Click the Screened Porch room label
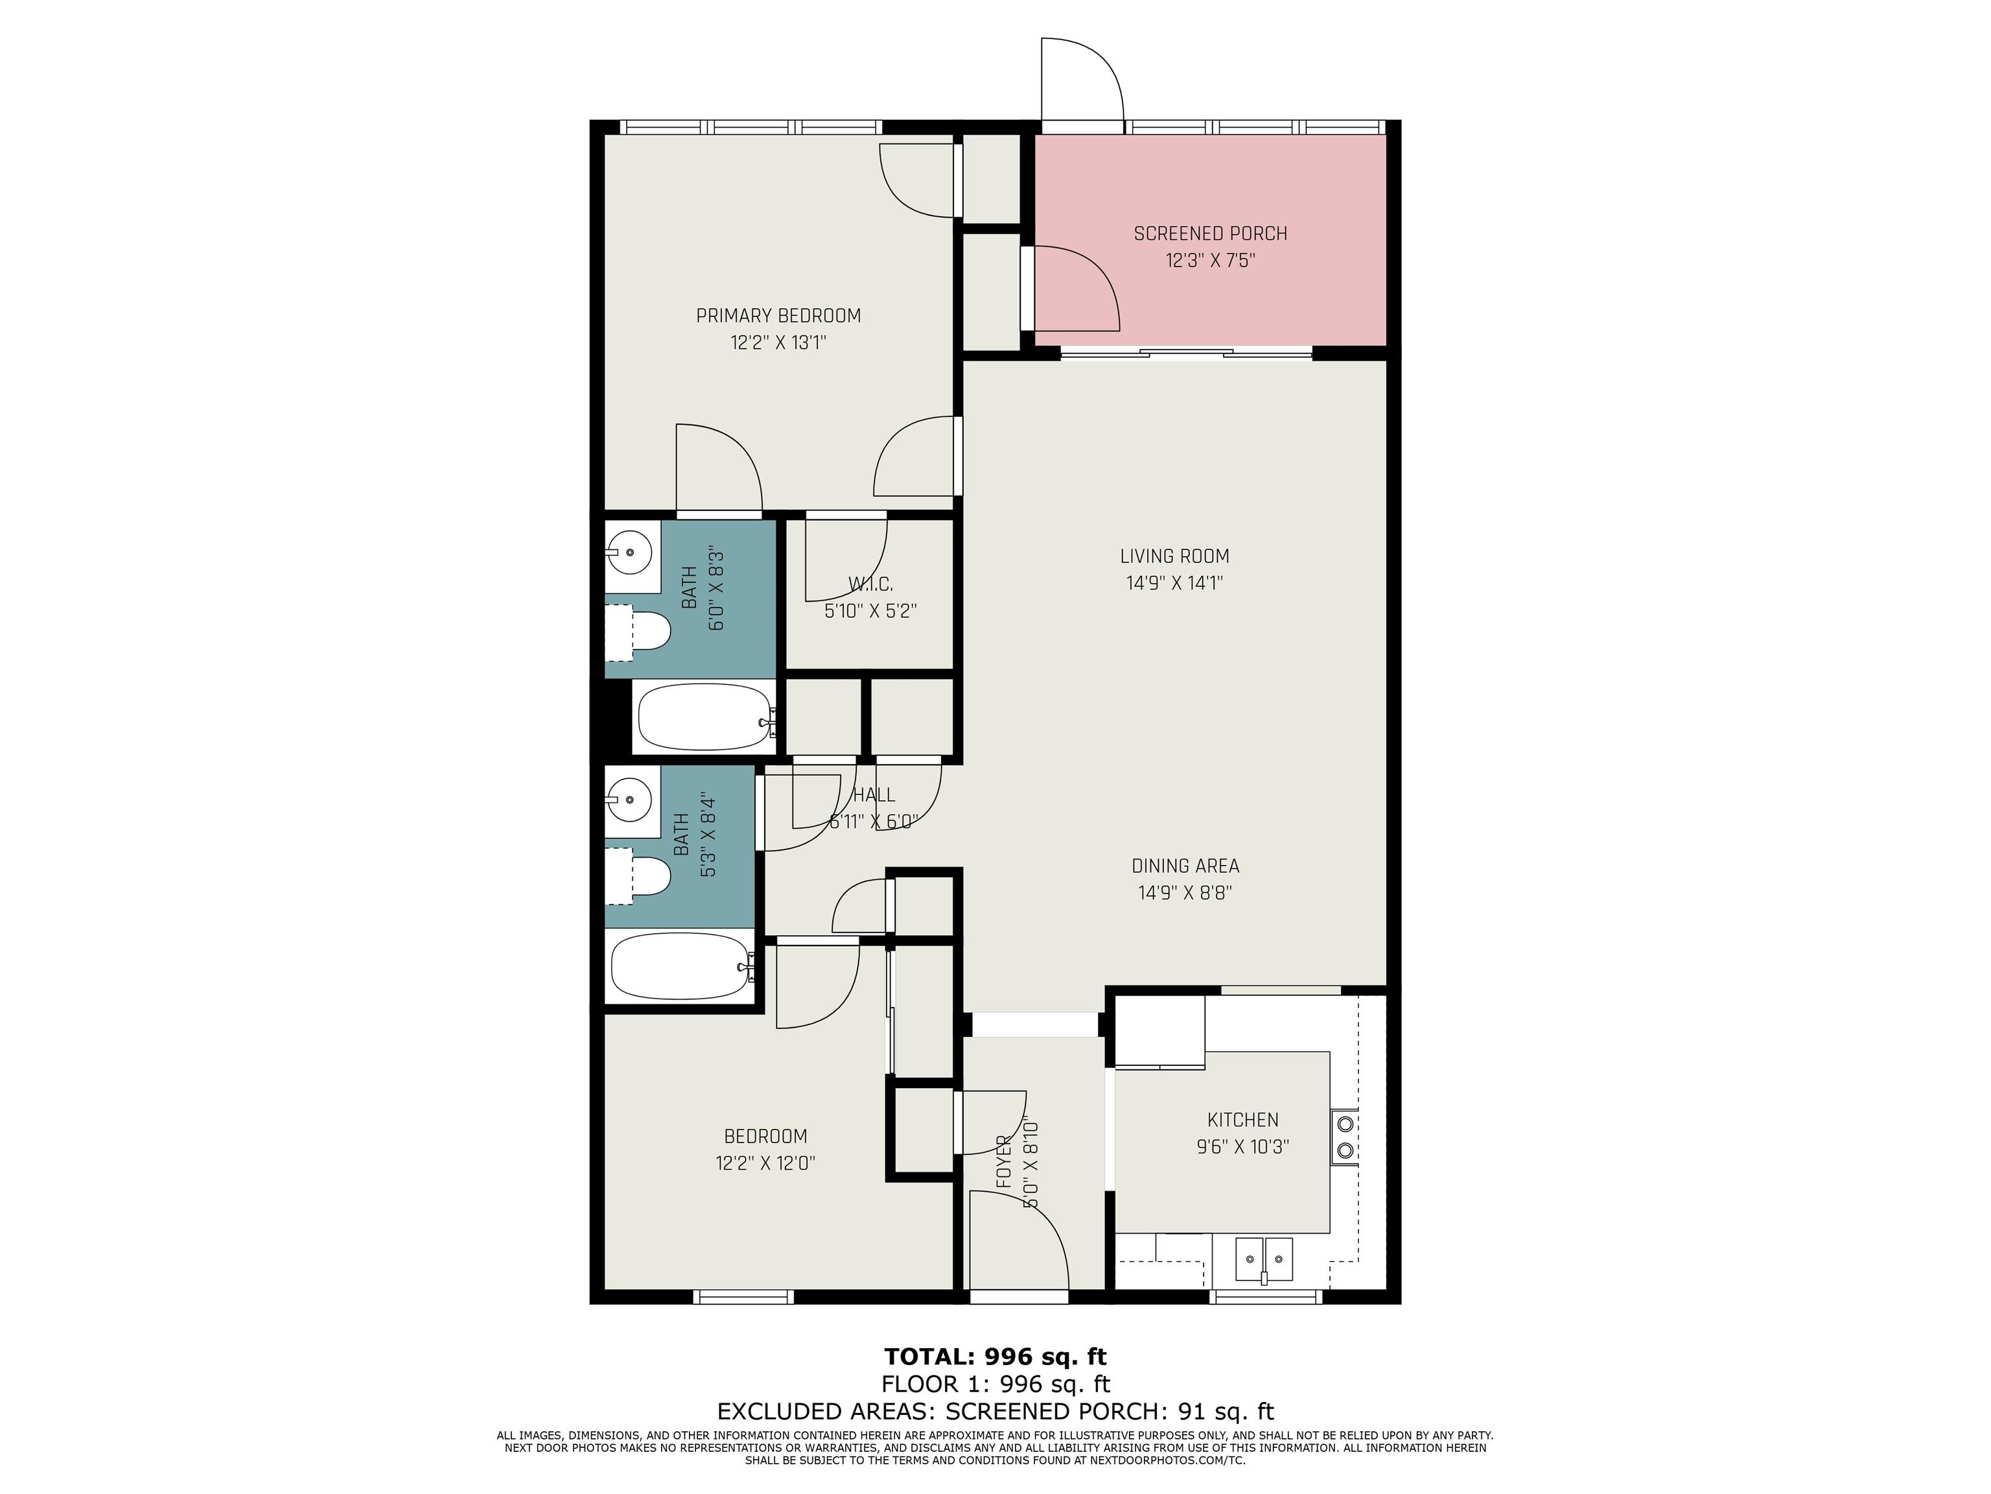[1210, 234]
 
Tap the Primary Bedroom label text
[778, 316]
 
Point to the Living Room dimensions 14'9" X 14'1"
[1174, 584]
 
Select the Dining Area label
[1185, 866]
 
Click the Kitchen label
[1243, 1120]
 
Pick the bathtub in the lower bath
[683, 966]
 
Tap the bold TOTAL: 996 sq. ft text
[995, 1357]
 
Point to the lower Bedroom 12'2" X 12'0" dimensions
[766, 1163]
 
